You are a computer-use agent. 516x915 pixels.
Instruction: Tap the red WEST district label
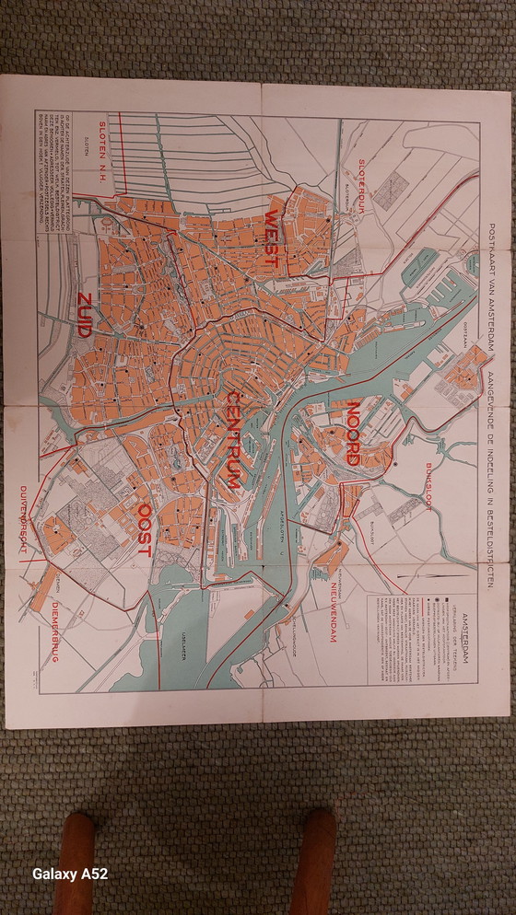coord(272,238)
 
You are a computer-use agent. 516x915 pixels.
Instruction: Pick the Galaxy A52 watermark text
coord(70,874)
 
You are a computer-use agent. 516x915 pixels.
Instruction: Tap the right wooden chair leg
coord(318,862)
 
